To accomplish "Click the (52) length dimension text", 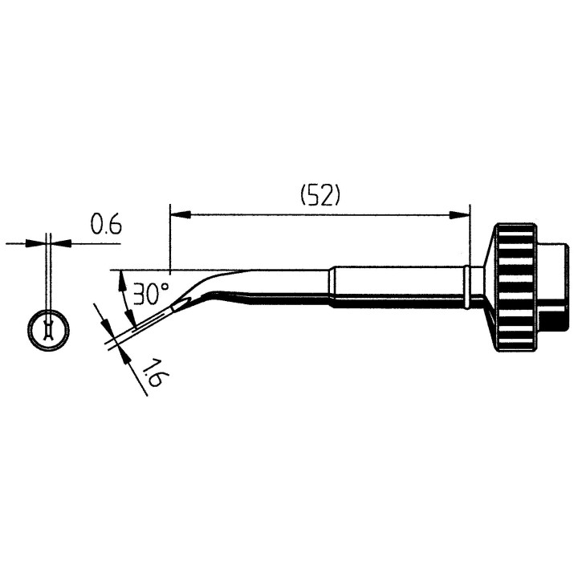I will coord(320,197).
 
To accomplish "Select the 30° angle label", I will coord(150,294).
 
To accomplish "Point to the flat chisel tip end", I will coord(180,305).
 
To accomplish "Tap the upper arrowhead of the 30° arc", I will coord(121,278).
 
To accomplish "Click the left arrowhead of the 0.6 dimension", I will coord(42,242).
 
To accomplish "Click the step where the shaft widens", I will coord(332,287).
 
